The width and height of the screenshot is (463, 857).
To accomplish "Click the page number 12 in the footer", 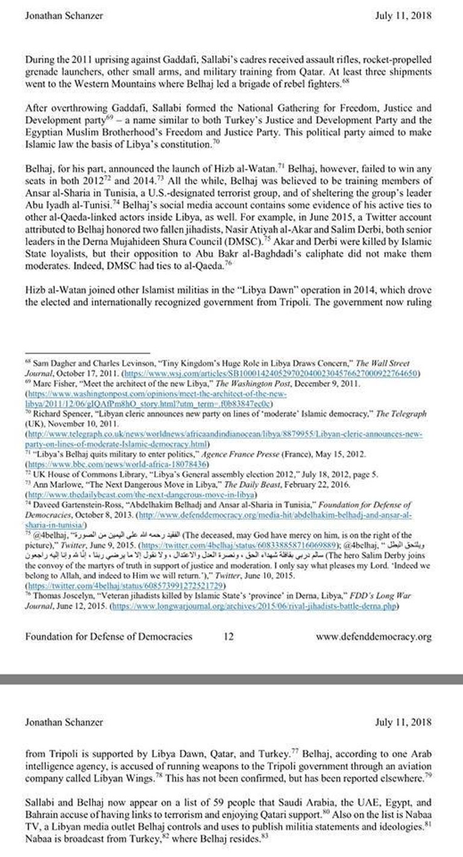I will coord(228,636).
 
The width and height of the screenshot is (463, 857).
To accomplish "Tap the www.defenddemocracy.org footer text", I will coord(374,636).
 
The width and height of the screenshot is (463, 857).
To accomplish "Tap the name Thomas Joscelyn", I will coord(61,577).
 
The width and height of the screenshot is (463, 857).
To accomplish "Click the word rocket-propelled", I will coord(392,63).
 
